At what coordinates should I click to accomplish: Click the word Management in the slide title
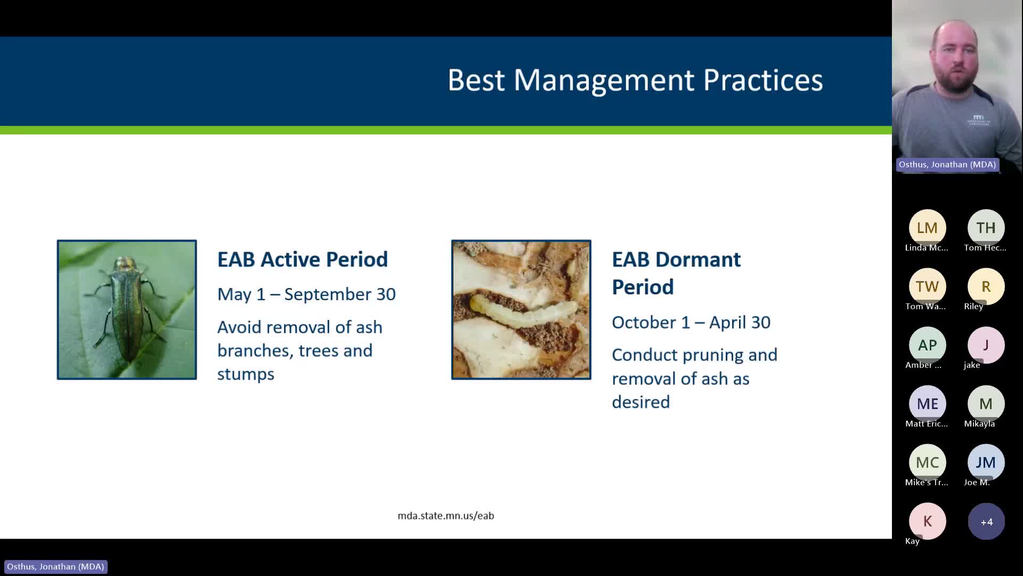click(604, 81)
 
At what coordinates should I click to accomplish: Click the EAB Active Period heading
click(302, 260)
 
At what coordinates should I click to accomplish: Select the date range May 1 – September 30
click(306, 294)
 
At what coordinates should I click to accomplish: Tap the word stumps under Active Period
click(246, 374)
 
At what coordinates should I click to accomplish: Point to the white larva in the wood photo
click(522, 311)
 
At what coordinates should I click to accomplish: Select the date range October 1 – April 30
click(691, 323)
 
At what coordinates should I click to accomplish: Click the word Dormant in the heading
click(697, 260)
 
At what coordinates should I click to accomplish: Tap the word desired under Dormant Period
click(640, 402)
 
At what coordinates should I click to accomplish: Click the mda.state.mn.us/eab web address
click(445, 516)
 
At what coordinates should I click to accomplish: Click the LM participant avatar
click(927, 228)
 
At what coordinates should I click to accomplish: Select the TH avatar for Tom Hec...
click(986, 228)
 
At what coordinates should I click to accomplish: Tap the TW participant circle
click(927, 286)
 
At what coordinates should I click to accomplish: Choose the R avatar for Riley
click(986, 286)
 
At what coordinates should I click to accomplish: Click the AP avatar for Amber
click(927, 345)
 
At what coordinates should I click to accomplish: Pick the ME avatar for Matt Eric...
click(927, 404)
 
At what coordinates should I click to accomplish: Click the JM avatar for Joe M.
click(986, 462)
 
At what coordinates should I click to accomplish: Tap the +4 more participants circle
click(986, 522)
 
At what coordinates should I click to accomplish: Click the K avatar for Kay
click(927, 521)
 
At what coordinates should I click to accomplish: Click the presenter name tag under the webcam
click(947, 165)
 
